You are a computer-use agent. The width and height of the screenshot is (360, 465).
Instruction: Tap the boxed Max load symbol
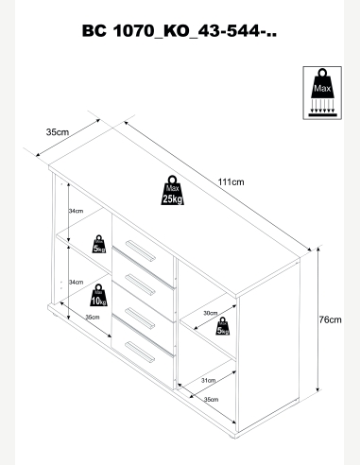point(322,93)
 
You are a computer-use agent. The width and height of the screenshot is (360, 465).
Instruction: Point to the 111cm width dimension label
point(231,182)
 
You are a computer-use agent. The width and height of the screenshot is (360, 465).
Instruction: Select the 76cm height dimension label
point(330,319)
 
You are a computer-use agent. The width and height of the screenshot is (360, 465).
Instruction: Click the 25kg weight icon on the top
point(172,190)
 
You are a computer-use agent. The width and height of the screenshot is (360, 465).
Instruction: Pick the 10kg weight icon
point(98,295)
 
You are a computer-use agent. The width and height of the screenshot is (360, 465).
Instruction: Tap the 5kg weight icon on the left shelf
point(99,244)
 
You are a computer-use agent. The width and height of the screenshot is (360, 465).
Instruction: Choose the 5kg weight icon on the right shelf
point(223,326)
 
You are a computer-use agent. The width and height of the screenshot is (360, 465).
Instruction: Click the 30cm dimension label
point(211,313)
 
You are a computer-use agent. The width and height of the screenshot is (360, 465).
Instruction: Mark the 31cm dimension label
point(208,380)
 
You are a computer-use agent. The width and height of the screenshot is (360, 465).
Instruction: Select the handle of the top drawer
point(141,250)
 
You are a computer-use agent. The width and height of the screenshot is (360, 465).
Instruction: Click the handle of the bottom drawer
point(140,353)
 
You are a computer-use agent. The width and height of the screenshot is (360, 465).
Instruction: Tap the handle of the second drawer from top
point(141,284)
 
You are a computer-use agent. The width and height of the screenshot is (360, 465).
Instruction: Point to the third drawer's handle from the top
point(141,319)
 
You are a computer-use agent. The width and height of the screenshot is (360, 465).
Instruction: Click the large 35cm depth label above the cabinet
point(58,132)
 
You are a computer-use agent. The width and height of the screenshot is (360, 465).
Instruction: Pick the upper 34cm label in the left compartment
point(76,211)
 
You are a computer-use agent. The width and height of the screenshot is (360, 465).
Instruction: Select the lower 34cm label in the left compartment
point(76,282)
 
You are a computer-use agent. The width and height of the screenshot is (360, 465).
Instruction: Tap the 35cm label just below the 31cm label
point(211,399)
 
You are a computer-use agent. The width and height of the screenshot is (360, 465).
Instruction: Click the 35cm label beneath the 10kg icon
point(93,317)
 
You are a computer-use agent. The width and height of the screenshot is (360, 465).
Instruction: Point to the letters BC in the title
point(94,31)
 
